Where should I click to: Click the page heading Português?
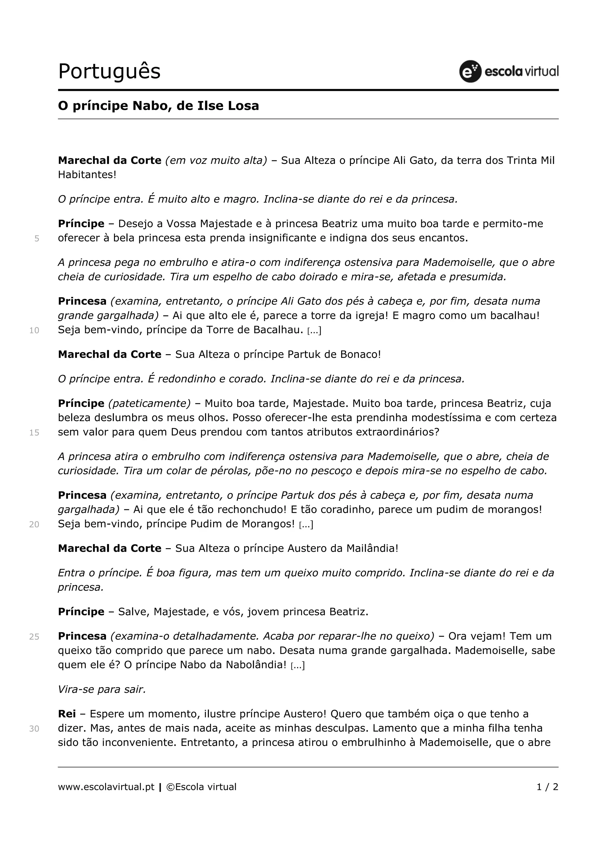click(109, 72)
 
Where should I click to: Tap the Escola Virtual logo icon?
click(470, 71)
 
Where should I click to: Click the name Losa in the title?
click(244, 106)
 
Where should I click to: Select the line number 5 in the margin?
click(37, 238)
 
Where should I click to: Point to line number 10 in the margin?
click(34, 330)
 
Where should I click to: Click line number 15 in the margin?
click(34, 433)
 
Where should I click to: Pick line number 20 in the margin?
click(34, 524)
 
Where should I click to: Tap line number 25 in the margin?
click(34, 637)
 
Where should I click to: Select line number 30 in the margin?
click(34, 728)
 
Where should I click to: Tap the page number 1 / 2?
click(547, 787)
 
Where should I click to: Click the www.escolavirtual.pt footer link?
click(106, 787)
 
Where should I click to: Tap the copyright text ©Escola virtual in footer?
click(201, 787)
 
